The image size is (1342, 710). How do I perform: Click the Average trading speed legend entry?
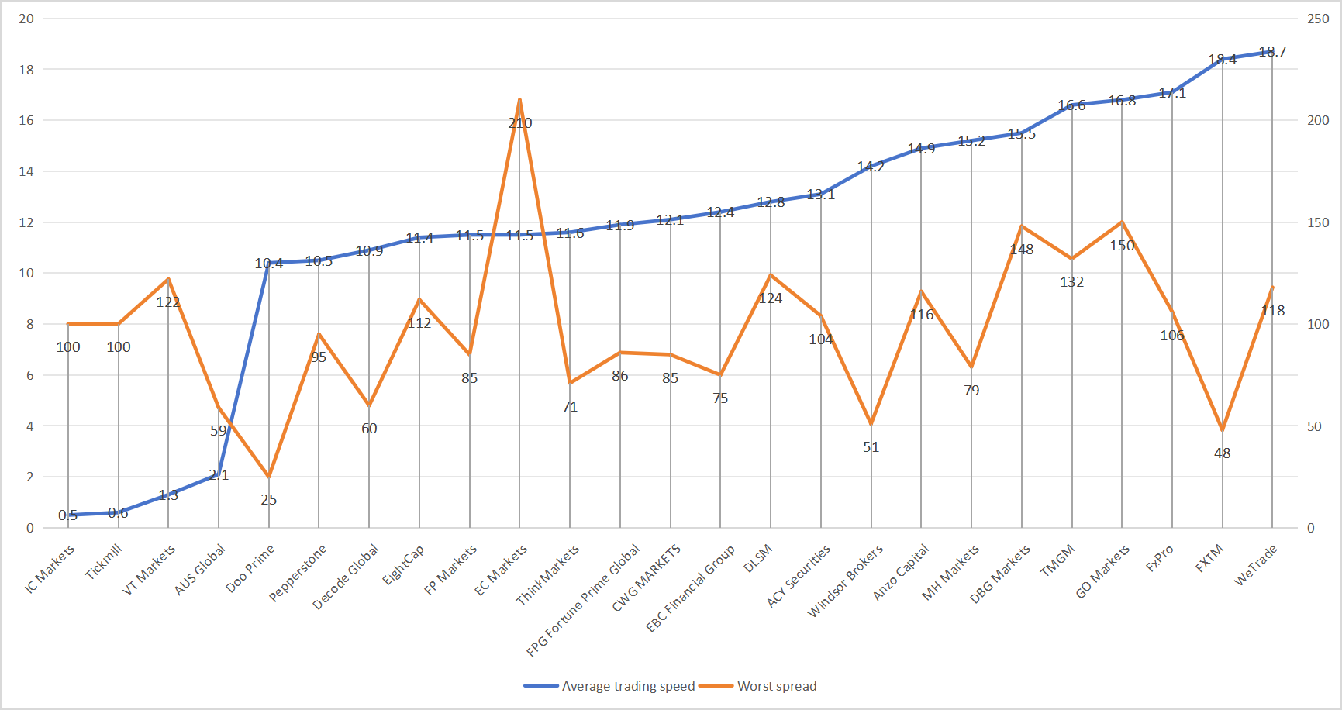tap(609, 686)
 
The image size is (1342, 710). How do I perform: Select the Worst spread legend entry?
tap(757, 686)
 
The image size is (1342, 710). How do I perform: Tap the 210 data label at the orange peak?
tap(520, 123)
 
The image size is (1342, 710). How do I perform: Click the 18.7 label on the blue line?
tap(1272, 52)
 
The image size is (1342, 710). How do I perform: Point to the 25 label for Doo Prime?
tap(269, 500)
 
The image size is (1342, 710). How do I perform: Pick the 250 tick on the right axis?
tap(1318, 19)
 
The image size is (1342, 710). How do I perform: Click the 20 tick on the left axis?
tap(26, 19)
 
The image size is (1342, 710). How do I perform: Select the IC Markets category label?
tap(50, 568)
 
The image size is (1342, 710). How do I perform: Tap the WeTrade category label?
tap(1255, 565)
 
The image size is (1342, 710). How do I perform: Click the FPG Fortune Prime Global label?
tap(583, 600)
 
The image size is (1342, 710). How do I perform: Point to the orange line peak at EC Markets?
tap(519, 99)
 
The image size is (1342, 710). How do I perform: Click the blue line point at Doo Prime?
tap(269, 263)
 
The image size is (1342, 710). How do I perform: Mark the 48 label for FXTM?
tap(1223, 453)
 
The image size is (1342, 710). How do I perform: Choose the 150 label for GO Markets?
tap(1122, 246)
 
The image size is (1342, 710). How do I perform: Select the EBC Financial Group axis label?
tap(690, 589)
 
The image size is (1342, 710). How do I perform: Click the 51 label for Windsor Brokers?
tap(871, 447)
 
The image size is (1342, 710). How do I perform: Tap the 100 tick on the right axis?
tap(1318, 324)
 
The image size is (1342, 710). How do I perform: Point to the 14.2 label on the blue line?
tap(871, 167)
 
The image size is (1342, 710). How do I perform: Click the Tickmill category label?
tap(104, 562)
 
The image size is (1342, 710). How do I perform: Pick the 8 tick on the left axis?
tap(30, 324)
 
